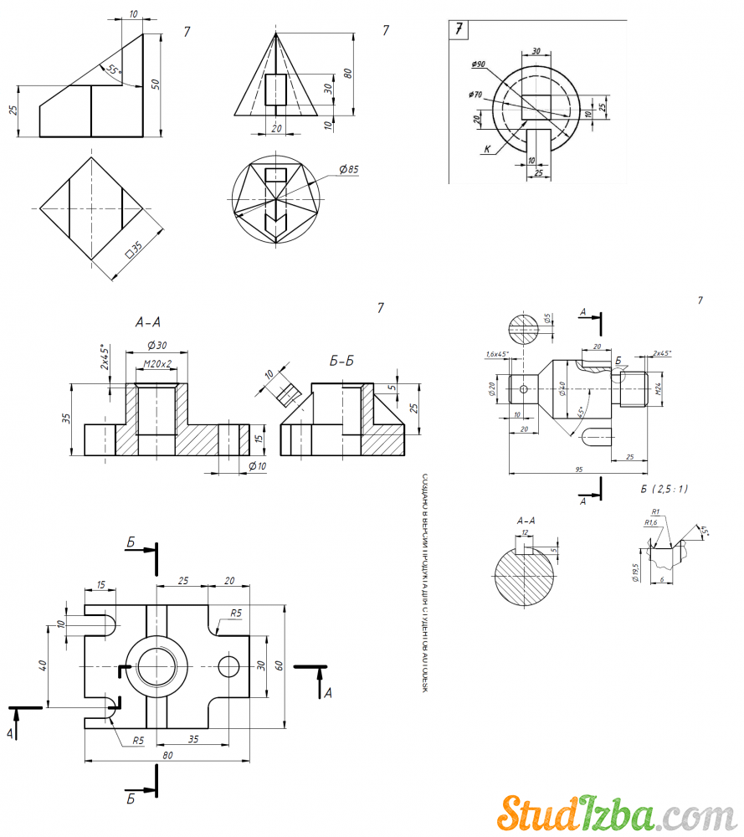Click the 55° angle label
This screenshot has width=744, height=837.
click(x=113, y=71)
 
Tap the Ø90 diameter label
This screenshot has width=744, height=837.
click(x=479, y=64)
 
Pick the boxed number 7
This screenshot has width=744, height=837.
click(x=459, y=29)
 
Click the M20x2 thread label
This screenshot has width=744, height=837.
click(x=156, y=364)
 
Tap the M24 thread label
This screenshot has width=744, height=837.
click(x=659, y=388)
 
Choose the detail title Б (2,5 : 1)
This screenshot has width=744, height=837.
click(x=664, y=489)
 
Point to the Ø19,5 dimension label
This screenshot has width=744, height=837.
click(x=635, y=571)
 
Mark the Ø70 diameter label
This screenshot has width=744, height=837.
click(x=478, y=95)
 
